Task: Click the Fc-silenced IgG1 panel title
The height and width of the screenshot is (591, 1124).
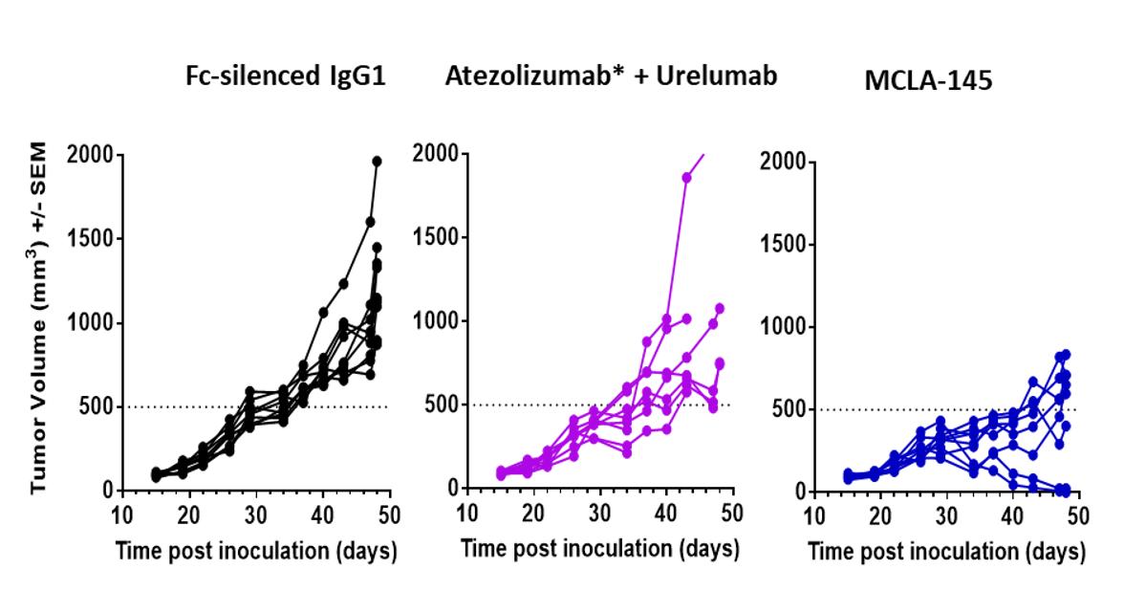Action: [x=285, y=77]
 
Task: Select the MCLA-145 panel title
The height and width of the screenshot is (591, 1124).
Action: [x=928, y=81]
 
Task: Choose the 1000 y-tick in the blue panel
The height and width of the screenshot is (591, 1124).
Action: [x=786, y=327]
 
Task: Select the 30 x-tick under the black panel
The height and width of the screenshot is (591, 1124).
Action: [x=256, y=516]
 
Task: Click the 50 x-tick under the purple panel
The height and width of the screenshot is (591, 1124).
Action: [x=731, y=514]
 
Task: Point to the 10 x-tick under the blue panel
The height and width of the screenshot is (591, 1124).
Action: [x=814, y=517]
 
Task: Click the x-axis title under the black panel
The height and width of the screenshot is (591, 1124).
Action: [x=255, y=552]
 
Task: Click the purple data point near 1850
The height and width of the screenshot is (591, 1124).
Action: [x=686, y=177]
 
